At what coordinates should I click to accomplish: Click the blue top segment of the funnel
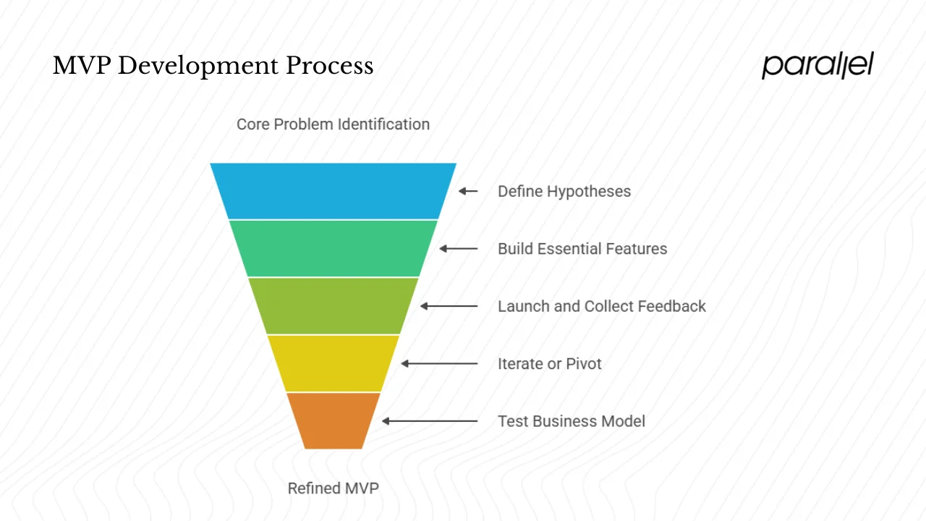(334, 191)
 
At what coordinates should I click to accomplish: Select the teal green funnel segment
(334, 248)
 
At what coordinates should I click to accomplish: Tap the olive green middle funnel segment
(334, 305)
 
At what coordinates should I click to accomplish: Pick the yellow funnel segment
(334, 363)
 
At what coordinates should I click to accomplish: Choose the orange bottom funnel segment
(334, 420)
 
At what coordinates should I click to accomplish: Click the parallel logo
(817, 65)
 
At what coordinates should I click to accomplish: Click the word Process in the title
(329, 66)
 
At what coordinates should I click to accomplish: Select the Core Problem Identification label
(333, 124)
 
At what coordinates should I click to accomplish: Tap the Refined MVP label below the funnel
(333, 488)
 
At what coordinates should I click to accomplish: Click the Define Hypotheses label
(564, 192)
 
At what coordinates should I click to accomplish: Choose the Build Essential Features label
(582, 249)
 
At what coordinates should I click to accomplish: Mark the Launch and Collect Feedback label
(602, 306)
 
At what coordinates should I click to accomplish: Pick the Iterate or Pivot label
(550, 364)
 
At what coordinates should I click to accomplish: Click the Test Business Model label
(572, 421)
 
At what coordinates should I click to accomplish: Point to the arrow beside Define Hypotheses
(468, 191)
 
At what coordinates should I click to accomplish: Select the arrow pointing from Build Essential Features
(459, 248)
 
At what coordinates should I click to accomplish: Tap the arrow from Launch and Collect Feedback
(449, 306)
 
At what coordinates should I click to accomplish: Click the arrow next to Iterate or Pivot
(439, 363)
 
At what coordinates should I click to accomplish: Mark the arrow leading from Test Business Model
(430, 420)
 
